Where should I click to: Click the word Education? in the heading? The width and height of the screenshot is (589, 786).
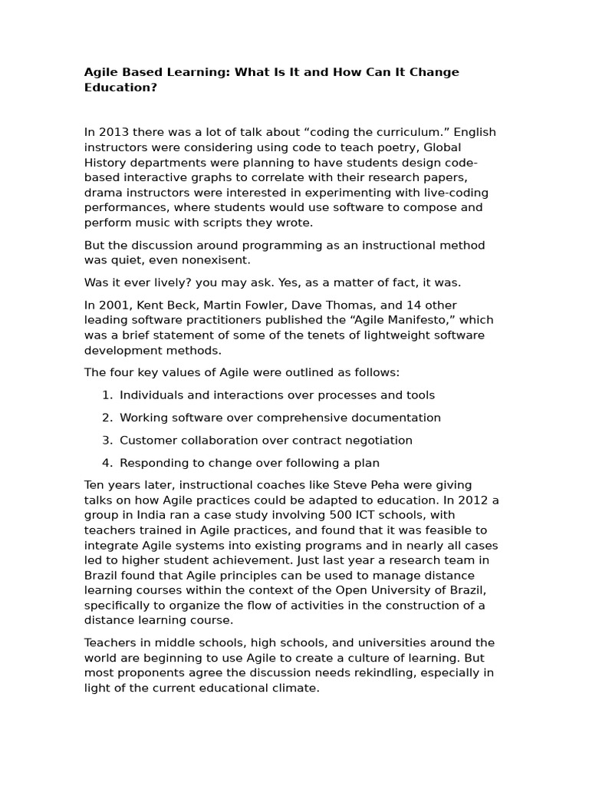click(120, 88)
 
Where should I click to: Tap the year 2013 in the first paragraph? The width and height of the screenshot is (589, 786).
click(113, 132)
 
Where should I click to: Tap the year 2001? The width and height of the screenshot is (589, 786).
click(113, 305)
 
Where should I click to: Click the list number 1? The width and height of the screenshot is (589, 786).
click(106, 395)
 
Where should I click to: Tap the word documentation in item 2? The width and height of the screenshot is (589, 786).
click(396, 418)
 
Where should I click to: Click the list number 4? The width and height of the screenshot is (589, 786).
click(106, 464)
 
